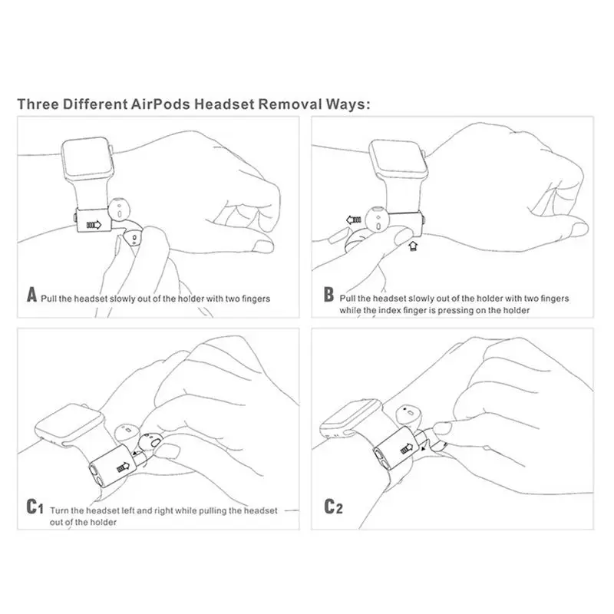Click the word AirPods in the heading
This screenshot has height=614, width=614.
pyautogui.click(x=160, y=104)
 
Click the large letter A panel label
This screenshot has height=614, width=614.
pyautogui.click(x=32, y=295)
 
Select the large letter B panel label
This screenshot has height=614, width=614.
pyautogui.click(x=328, y=295)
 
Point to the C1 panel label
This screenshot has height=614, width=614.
pyautogui.click(x=35, y=507)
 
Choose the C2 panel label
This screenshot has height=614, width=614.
pyautogui.click(x=333, y=507)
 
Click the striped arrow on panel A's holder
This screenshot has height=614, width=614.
pyautogui.click(x=94, y=225)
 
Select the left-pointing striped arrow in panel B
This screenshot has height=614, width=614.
pyautogui.click(x=354, y=220)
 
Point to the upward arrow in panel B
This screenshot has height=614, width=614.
pyautogui.click(x=413, y=246)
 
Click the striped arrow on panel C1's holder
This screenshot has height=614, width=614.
pyautogui.click(x=123, y=467)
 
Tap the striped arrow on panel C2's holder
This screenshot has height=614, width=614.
pyautogui.click(x=407, y=449)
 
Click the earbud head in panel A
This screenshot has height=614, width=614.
pyautogui.click(x=119, y=209)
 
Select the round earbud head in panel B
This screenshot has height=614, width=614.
pyautogui.click(x=377, y=220)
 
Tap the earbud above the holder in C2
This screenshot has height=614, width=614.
pyautogui.click(x=409, y=415)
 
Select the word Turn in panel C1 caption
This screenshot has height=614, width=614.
pyautogui.click(x=59, y=510)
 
